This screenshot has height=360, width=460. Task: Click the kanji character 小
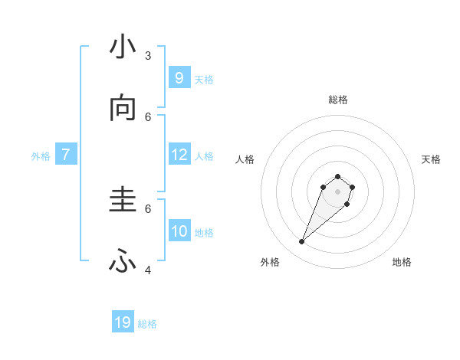[x=123, y=48]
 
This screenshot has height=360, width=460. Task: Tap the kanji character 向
[x=123, y=109]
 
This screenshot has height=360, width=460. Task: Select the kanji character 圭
[x=123, y=200]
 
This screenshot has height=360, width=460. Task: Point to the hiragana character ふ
[x=123, y=262]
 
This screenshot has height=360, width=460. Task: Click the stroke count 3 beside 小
[x=148, y=55]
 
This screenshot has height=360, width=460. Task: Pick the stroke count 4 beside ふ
[x=148, y=270]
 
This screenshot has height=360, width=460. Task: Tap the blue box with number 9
[x=179, y=77]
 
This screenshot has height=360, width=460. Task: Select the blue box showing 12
[x=179, y=155]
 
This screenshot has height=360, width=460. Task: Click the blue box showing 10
[x=179, y=231]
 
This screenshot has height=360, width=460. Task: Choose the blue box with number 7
[x=66, y=155]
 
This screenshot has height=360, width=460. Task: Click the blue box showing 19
[x=123, y=322]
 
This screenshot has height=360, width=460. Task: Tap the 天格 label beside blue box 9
[x=204, y=80]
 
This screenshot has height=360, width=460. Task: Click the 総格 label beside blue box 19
[x=147, y=324]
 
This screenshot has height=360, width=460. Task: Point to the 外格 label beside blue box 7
[x=41, y=156]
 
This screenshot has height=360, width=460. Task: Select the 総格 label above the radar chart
[x=338, y=100]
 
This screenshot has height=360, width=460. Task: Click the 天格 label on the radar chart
[x=431, y=159]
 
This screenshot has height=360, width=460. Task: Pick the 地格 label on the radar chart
[x=402, y=262]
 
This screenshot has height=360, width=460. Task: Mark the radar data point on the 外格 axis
[x=302, y=242]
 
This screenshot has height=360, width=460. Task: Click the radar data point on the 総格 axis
[x=338, y=176]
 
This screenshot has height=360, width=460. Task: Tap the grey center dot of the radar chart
[x=338, y=191]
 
